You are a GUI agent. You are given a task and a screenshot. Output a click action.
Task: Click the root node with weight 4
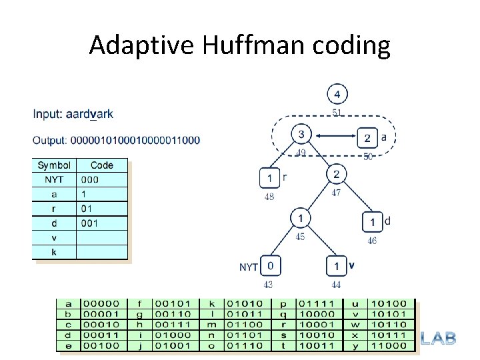[337, 94]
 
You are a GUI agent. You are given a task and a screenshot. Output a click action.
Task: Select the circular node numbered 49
[301, 135]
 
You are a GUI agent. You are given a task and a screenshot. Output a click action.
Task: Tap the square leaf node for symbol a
[367, 138]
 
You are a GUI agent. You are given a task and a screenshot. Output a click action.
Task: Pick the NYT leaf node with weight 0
[269, 266]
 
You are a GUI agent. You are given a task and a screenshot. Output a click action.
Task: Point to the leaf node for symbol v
[337, 266]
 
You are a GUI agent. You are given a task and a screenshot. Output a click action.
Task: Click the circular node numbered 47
[337, 175]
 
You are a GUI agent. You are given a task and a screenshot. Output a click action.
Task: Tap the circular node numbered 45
[301, 218]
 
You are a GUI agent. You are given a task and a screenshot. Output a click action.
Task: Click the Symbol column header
[54, 165]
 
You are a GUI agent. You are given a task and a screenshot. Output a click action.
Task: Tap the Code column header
[102, 165]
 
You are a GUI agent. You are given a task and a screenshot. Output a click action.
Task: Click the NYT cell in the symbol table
[54, 179]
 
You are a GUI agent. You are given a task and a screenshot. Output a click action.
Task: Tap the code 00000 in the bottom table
[99, 303]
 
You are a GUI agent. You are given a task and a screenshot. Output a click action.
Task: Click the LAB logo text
[439, 339]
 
